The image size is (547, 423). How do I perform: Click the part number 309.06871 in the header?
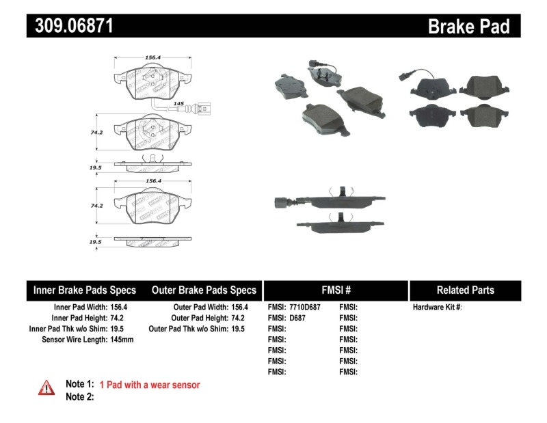pos(70,27)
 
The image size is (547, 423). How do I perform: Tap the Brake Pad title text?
pos(468,27)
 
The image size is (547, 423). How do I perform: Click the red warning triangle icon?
pos(46,388)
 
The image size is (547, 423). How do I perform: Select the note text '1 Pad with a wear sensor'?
pos(150,385)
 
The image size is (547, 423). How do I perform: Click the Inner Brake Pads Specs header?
pos(85,290)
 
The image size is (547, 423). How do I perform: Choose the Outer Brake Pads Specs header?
pos(204,290)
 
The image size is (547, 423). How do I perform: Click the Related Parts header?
pos(465,290)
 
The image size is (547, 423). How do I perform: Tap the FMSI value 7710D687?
pos(304,308)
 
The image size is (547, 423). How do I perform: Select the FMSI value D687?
pos(297,318)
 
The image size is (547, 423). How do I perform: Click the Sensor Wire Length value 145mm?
pos(122,339)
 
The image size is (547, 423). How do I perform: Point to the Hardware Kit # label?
pos(437,308)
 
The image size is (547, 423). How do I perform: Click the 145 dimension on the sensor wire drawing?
pos(179,104)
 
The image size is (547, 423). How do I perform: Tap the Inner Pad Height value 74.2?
pos(118,318)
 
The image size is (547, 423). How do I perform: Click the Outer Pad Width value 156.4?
pos(239,308)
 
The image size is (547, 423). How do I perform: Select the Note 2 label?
pos(79,396)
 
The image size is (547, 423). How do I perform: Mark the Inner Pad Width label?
pos(76,308)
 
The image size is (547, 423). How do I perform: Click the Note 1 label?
pos(79,385)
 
